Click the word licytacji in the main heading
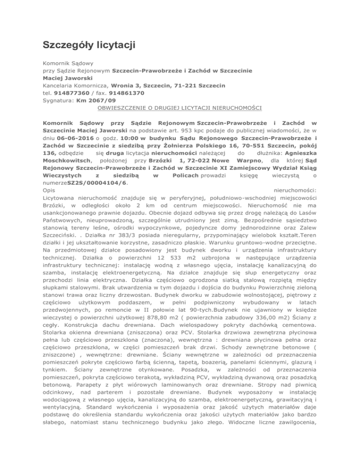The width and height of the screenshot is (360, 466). click(113, 45)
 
